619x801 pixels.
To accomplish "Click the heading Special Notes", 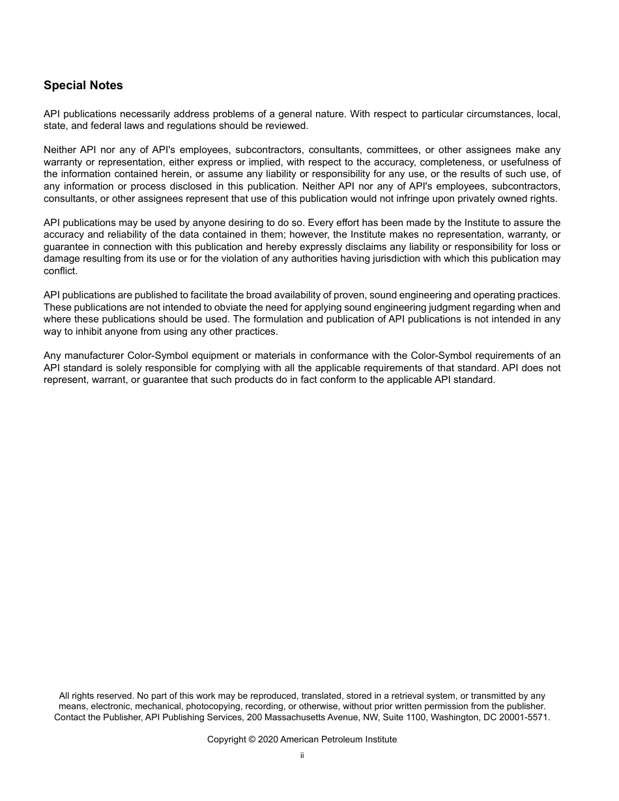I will coord(83,85).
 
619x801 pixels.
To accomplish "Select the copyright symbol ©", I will coord(252,739).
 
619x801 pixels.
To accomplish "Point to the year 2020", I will coord(267,739).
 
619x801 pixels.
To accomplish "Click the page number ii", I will coord(302,755).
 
